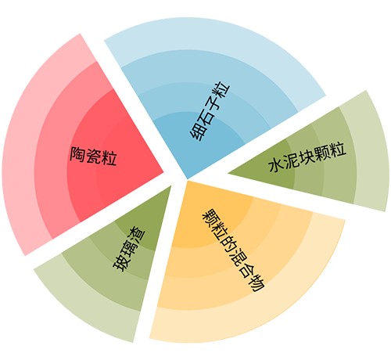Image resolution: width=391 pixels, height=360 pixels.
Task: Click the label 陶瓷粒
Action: (x=93, y=157)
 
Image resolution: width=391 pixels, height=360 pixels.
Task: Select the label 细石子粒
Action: (x=210, y=112)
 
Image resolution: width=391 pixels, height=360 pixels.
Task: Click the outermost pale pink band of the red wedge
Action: (x=23, y=146)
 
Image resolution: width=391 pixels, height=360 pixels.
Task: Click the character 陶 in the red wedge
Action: (x=77, y=154)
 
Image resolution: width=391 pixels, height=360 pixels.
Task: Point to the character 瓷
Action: (x=93, y=157)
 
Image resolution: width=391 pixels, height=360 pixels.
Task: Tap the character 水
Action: (x=276, y=165)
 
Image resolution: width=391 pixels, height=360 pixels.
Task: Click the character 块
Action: (x=307, y=157)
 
